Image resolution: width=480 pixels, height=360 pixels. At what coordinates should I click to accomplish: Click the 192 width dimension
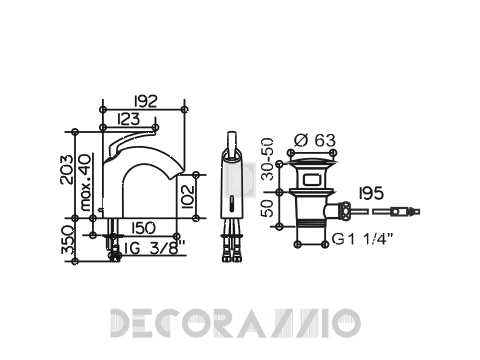click(145, 101)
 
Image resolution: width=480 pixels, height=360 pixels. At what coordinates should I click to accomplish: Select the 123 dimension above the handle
click(129, 119)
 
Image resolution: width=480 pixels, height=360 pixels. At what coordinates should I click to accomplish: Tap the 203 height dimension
click(66, 169)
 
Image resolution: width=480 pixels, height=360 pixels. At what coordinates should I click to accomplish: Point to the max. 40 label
click(86, 182)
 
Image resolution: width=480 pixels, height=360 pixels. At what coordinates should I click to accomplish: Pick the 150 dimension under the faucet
click(144, 228)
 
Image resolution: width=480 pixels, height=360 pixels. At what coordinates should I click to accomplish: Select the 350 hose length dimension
click(67, 240)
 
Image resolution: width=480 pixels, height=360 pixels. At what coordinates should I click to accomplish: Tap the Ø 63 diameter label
click(315, 140)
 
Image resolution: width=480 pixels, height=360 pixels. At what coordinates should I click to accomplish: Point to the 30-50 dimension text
click(267, 159)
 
